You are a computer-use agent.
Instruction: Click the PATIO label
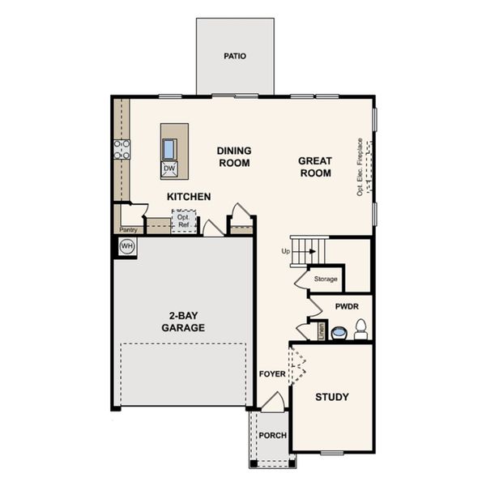click(235, 57)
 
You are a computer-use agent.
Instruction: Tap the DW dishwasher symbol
click(169, 168)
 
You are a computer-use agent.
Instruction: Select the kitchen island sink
click(169, 149)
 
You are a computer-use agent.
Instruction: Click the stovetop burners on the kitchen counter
click(122, 149)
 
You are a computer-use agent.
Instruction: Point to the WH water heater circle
click(126, 246)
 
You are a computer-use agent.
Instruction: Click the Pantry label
click(128, 229)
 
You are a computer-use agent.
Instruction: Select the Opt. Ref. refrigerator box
click(184, 221)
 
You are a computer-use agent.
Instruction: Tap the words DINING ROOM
click(234, 156)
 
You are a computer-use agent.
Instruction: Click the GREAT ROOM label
click(315, 167)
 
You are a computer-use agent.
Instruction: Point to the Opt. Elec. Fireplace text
click(360, 167)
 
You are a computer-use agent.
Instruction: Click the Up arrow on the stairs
click(311, 251)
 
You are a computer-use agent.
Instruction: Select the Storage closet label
click(326, 279)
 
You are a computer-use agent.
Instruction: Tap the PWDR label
click(346, 308)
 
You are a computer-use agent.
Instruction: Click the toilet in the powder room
click(360, 330)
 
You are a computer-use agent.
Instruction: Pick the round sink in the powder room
click(339, 331)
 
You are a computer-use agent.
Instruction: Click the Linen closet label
click(322, 330)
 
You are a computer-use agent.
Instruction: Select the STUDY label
click(332, 397)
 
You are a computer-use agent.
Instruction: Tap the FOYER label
click(272, 373)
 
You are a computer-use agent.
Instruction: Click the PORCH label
click(272, 435)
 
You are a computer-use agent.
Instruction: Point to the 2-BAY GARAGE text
click(182, 322)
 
